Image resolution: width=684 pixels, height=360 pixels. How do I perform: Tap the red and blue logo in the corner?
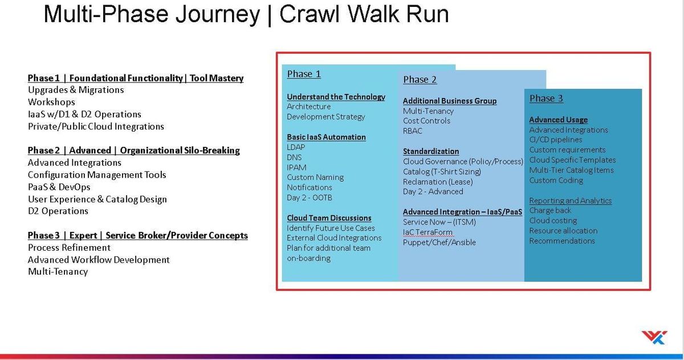coord(653,337)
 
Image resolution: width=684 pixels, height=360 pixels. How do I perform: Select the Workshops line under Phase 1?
coord(51,102)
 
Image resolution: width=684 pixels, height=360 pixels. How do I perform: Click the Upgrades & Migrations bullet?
coord(76,90)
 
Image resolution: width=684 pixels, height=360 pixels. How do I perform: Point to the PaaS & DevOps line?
coord(59,187)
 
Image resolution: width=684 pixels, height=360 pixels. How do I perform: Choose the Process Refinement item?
coord(69,248)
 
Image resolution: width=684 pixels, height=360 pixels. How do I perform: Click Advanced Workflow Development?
coord(99,260)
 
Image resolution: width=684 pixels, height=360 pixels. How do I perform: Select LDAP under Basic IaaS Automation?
coord(296,148)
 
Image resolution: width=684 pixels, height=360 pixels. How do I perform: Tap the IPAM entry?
coord(296,167)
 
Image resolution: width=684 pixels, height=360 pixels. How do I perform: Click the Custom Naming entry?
coord(315,178)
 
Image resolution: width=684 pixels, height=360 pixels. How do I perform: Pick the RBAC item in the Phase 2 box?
coord(413,131)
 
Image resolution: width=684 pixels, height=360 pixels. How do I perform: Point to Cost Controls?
coord(426,121)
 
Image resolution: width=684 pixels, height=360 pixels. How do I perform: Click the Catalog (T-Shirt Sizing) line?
coord(442,171)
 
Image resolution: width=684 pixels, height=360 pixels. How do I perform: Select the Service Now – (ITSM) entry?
coord(439,222)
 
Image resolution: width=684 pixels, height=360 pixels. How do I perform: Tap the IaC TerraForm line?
coord(427,232)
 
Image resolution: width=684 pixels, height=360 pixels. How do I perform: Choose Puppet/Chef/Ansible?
coord(439,243)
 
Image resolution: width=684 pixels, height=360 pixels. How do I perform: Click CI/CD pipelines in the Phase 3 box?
coord(556,140)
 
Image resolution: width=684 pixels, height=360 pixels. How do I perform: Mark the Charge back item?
coord(550,211)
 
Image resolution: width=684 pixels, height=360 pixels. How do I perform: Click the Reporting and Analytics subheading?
coord(570,201)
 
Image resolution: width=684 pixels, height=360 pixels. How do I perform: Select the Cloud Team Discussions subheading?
coord(329,218)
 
